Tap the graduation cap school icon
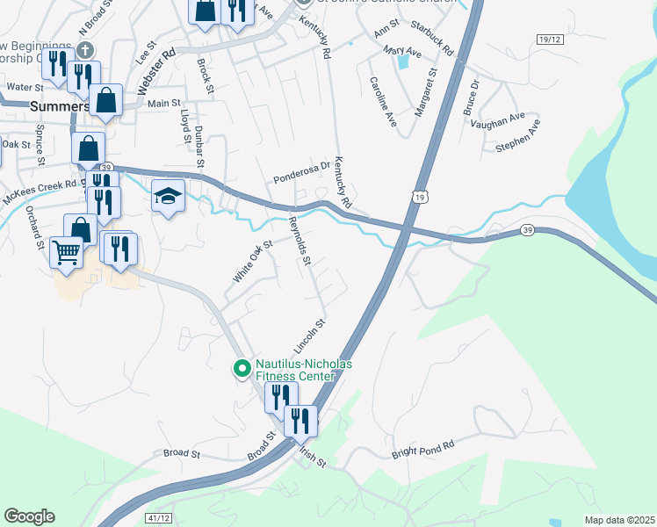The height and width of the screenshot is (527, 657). pos(168,196)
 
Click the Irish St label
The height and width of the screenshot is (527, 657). pos(312,457)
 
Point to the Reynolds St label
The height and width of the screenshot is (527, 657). pos(300,241)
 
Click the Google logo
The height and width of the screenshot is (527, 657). pos(29,516)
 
